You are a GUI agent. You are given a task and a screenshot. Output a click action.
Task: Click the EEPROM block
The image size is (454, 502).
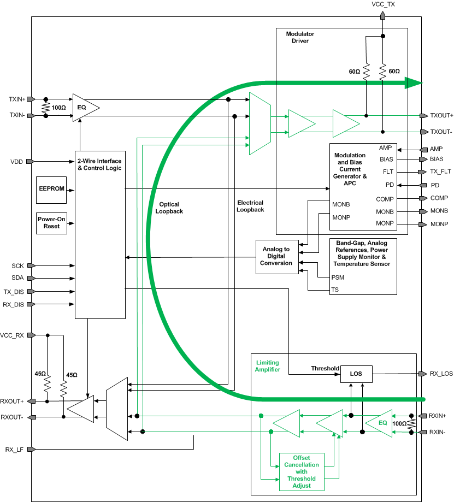(x=51, y=188)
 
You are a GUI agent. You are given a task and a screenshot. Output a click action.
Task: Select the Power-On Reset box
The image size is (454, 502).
(x=52, y=222)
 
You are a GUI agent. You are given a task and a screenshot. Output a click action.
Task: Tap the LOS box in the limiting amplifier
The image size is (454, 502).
(x=356, y=374)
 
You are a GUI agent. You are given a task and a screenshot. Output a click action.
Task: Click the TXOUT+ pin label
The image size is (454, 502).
(x=441, y=116)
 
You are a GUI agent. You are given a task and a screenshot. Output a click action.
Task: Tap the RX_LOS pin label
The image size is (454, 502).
(x=441, y=374)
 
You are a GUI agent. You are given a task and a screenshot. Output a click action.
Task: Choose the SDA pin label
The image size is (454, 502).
(x=17, y=278)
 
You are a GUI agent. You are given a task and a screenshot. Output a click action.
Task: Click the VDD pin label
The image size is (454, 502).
(x=16, y=162)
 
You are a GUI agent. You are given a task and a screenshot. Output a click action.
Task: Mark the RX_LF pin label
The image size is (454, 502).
(x=15, y=450)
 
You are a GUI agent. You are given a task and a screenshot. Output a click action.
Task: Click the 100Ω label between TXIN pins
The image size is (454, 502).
(x=59, y=108)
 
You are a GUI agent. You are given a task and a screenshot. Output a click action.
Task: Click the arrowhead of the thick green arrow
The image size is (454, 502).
(x=414, y=83)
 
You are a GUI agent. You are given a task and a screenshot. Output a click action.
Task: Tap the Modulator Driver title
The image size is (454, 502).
(x=300, y=37)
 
